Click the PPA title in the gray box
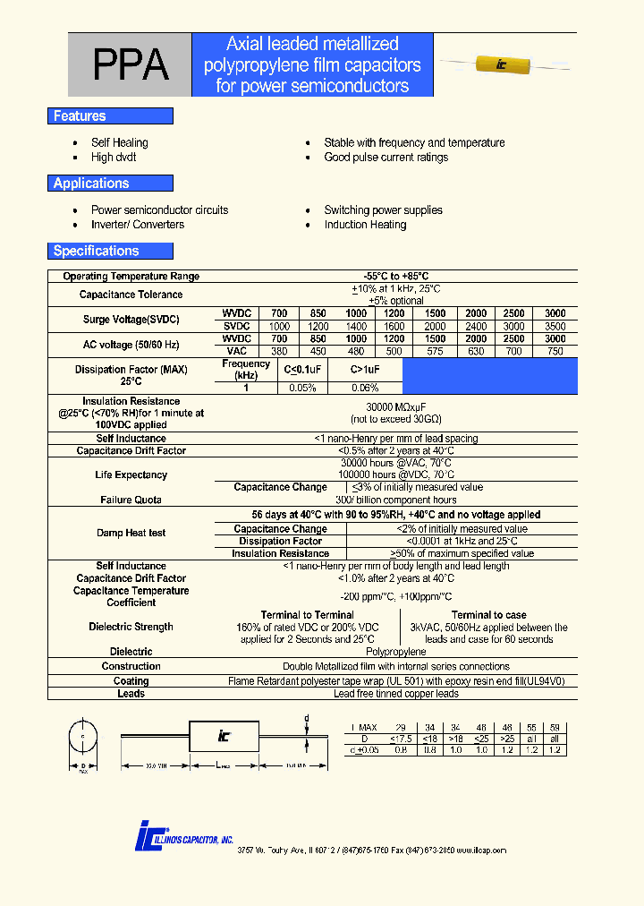[x=131, y=65]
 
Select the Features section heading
[x=80, y=116]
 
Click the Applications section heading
[x=91, y=184]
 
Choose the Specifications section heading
[x=96, y=252]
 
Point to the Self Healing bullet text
[x=120, y=143]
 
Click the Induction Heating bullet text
[x=365, y=225]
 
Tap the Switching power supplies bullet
[x=383, y=210]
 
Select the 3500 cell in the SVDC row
[x=555, y=327]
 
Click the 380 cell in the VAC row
[x=279, y=352]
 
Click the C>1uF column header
[x=365, y=370]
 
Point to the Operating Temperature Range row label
[x=131, y=277]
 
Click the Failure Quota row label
[x=131, y=500]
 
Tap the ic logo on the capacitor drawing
[x=225, y=736]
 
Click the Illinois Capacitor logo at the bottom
[x=183, y=836]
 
